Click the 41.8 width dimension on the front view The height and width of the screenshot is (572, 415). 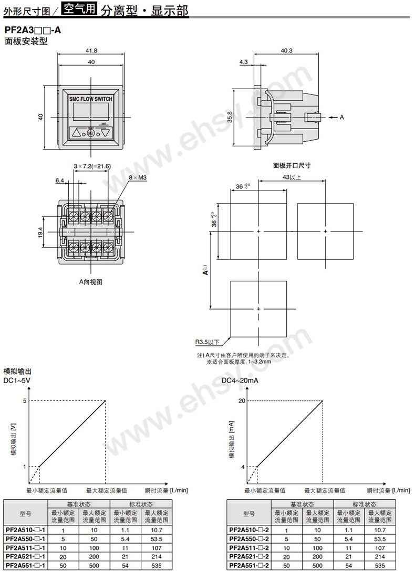tap(91, 50)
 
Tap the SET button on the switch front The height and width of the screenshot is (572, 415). tap(91, 133)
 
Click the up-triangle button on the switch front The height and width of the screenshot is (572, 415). tap(77, 133)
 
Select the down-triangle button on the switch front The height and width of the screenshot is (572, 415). tap(106, 133)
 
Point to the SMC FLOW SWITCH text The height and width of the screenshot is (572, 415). tap(91, 99)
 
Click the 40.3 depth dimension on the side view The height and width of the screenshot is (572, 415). tap(287, 50)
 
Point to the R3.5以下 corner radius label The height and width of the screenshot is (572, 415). tap(207, 343)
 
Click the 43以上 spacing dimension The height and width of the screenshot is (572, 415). tap(292, 177)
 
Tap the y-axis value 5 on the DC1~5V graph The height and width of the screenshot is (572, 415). tap(24, 401)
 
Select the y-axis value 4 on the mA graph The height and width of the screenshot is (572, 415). tap(243, 467)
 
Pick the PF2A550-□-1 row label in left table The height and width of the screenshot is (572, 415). tap(25, 539)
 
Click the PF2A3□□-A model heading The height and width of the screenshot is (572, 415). tap(32, 30)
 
